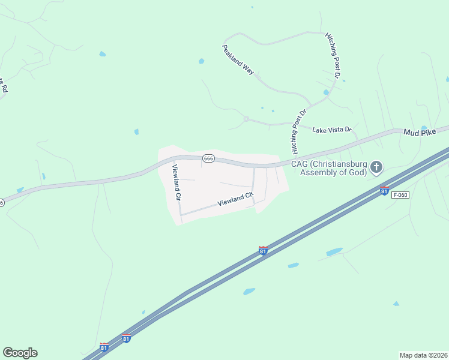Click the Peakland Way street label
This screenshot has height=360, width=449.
pos(238,59)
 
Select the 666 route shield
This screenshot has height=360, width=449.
pos(208,158)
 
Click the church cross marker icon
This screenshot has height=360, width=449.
pos(376,166)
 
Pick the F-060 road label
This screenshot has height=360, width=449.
pos(400,195)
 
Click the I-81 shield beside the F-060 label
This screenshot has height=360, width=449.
pos(384,191)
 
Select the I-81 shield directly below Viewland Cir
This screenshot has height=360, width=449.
pos(263,251)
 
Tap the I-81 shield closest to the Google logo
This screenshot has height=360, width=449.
pos(104,347)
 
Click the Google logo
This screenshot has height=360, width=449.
pos(20,353)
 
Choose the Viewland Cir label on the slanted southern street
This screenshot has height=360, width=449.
pos(235,199)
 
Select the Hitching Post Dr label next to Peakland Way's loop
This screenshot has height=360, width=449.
pos(333,57)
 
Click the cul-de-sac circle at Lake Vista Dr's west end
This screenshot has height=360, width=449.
pos(246,119)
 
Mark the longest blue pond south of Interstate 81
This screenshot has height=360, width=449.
pos(334,252)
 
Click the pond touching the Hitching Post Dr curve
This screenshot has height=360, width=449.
pos(326,92)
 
